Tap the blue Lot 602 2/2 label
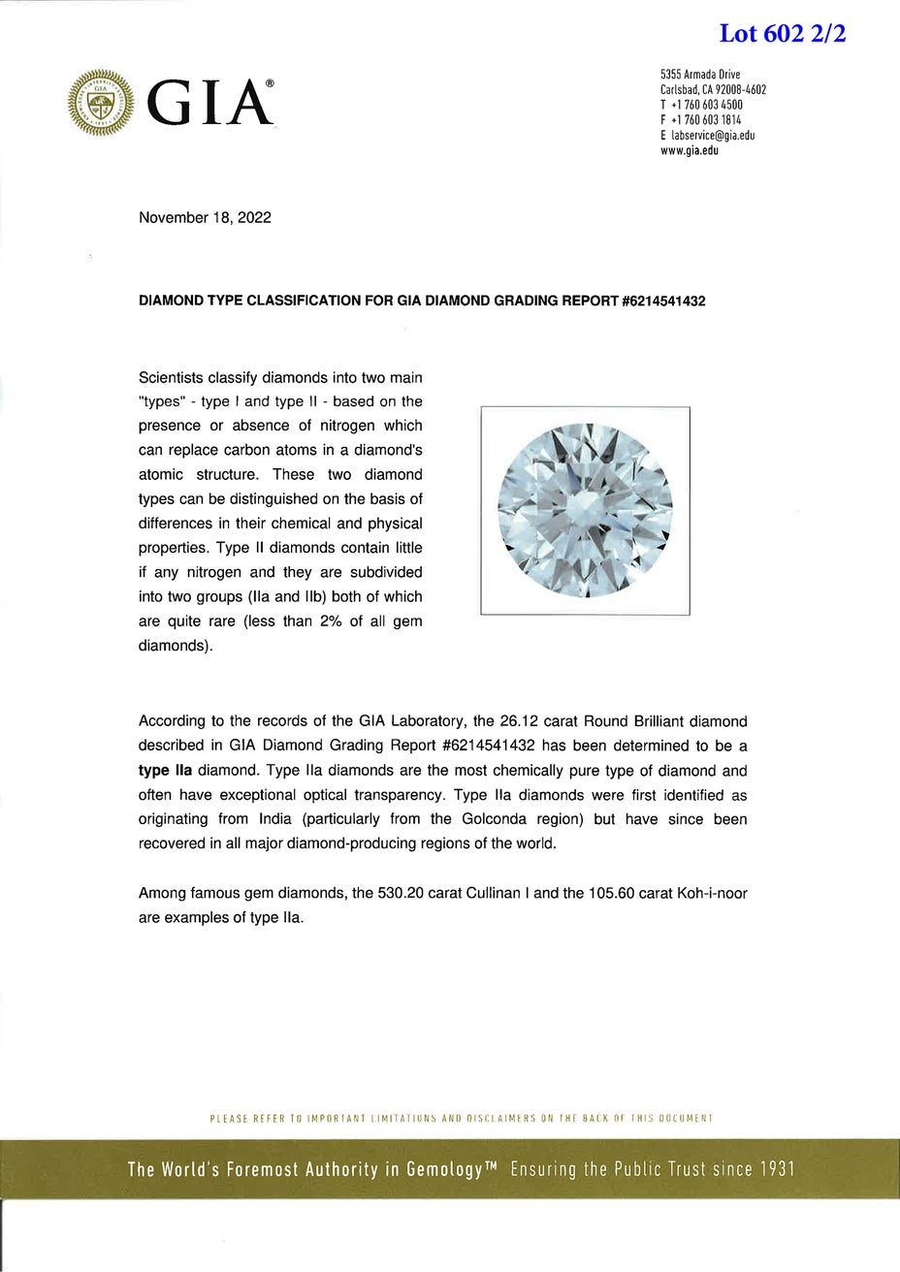tap(783, 34)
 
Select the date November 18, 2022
tap(205, 217)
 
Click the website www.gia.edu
tap(689, 151)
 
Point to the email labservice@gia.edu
tap(713, 136)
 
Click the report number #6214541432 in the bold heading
tap(662, 302)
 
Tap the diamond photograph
tap(585, 511)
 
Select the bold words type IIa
tap(166, 772)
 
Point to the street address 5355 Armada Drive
tap(700, 75)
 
